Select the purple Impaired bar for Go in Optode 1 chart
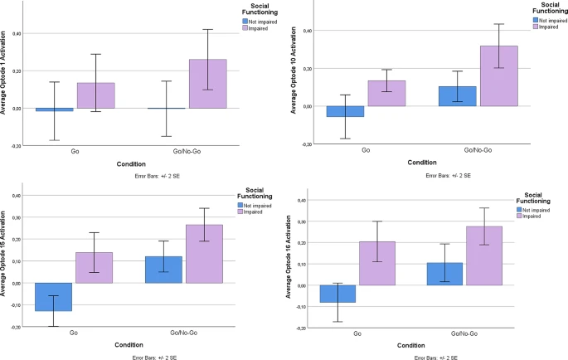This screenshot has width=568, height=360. pos(96,95)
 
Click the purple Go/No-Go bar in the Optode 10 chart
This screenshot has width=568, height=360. pos(498,76)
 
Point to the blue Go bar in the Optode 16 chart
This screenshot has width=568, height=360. pos(337,294)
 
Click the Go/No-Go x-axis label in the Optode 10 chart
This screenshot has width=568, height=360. pos(478,151)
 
